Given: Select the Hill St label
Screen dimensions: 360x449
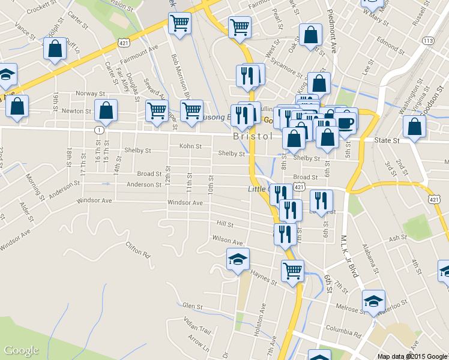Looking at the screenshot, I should [x=224, y=223].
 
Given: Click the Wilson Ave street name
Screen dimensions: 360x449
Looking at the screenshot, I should [x=227, y=242].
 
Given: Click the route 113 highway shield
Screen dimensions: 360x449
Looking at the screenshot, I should [x=428, y=40].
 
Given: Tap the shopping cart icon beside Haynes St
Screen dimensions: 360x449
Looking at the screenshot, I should [x=292, y=271].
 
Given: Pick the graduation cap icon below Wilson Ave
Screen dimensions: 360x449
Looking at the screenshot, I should [x=238, y=259].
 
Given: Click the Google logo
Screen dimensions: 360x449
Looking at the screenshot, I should [x=21, y=350].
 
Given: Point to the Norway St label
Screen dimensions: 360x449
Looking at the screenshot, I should [x=90, y=94].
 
